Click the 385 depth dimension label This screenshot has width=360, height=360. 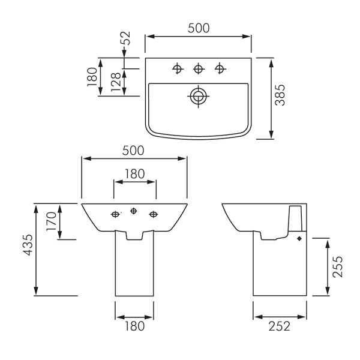(280, 95)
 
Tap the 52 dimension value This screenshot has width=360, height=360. (125, 38)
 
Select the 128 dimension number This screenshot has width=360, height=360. (116, 82)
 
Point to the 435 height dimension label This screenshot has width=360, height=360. (28, 245)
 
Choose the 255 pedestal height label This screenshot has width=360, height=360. (338, 267)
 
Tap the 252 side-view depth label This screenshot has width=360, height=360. (280, 326)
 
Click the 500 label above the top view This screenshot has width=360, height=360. (199, 28)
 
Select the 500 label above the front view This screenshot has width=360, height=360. (133, 151)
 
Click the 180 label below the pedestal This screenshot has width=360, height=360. (134, 326)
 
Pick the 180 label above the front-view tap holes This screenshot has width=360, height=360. (134, 174)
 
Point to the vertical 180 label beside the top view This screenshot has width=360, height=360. (92, 77)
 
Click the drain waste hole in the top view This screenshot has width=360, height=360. (199, 96)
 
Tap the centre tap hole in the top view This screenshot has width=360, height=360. (199, 68)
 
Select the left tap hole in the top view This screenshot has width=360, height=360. (178, 68)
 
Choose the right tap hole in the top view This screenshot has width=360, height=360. (220, 68)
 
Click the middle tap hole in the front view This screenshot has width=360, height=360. (134, 211)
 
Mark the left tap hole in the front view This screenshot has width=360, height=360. (115, 214)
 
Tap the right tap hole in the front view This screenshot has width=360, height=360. (154, 214)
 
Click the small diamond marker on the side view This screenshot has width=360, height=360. (299, 239)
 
